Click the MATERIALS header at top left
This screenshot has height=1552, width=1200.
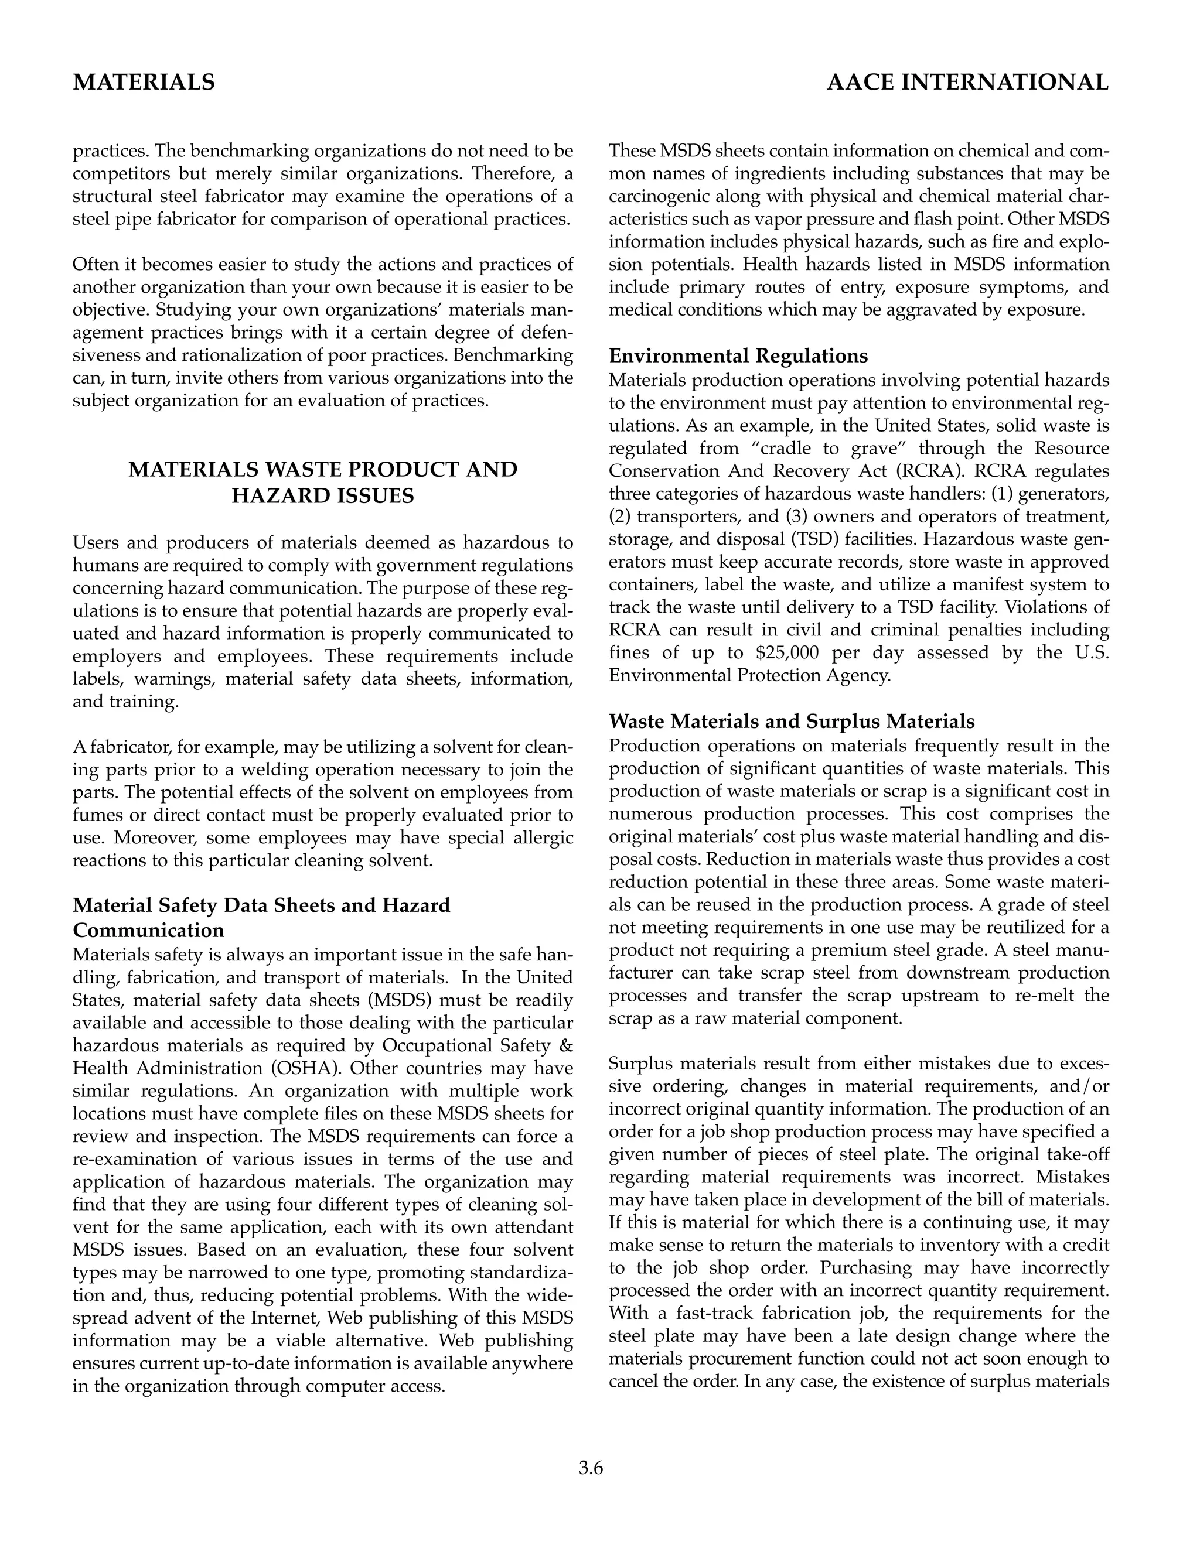[144, 83]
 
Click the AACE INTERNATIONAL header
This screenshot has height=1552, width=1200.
[967, 83]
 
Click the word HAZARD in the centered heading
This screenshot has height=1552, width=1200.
[279, 495]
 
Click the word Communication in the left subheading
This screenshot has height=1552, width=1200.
[149, 930]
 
